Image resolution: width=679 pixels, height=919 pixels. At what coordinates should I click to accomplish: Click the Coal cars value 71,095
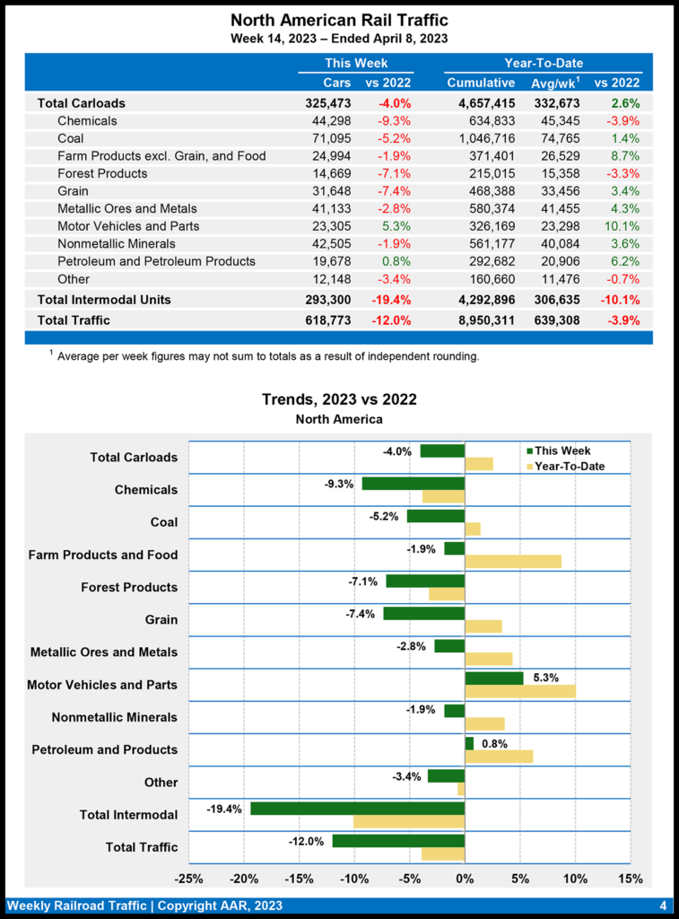(328, 138)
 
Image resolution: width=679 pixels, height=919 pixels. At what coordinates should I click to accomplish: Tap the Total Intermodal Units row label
(104, 299)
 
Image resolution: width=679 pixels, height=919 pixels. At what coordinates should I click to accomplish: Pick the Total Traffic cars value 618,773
(327, 319)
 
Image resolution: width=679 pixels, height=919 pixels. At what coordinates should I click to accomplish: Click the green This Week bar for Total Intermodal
(357, 809)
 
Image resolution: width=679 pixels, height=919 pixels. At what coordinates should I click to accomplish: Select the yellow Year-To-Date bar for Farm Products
(513, 561)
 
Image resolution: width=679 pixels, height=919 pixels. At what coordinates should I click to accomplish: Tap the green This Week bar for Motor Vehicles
(493, 678)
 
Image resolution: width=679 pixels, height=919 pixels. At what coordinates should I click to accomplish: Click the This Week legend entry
(561, 451)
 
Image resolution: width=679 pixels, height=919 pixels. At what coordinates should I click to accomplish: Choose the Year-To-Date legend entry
(567, 467)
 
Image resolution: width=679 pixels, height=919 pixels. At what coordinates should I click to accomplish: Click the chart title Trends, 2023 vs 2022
(339, 399)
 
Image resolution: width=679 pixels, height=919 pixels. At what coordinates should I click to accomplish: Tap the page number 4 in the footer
(662, 905)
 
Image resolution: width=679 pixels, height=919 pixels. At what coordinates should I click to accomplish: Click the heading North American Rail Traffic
(339, 20)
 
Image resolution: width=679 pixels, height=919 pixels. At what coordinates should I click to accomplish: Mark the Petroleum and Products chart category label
(105, 749)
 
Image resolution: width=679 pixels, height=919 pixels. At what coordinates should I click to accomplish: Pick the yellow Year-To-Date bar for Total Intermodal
(409, 821)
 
